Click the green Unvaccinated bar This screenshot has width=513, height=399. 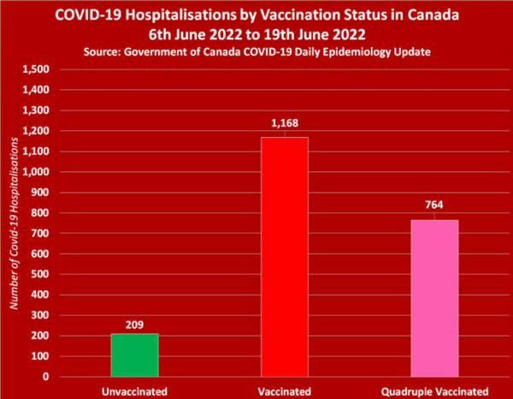tap(134, 354)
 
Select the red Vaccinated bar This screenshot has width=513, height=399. tap(285, 257)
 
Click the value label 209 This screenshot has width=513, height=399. tap(134, 324)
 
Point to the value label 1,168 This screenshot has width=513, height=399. tap(285, 125)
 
